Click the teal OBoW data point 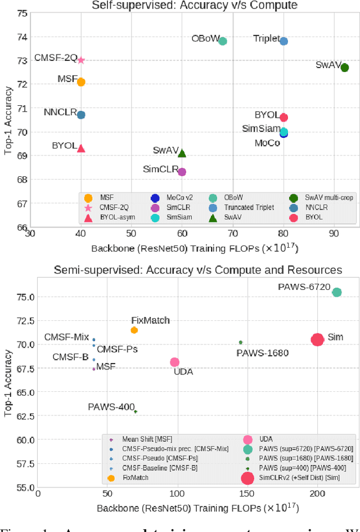point(222,41)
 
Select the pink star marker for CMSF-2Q point(81,60)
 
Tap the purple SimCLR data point point(182,172)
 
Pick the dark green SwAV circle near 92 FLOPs point(344,68)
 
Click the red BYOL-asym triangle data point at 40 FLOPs point(81,148)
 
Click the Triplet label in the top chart point(266,39)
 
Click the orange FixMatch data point point(134,330)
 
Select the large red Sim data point point(317,339)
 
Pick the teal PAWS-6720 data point point(337,292)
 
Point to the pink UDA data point point(174,362)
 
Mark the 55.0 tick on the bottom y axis point(23,487)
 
